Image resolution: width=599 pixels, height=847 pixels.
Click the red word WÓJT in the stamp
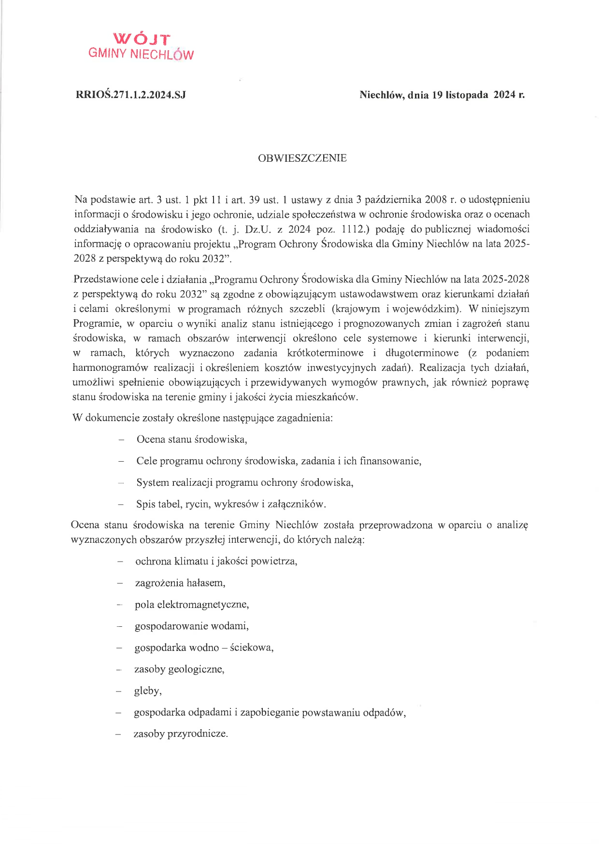tap(142, 39)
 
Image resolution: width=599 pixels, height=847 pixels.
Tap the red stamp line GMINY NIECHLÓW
tap(141, 54)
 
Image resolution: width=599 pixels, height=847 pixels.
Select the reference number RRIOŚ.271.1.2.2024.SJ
tap(131, 95)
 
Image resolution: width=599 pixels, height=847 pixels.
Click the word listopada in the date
tap(467, 95)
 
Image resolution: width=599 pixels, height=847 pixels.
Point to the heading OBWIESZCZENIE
tap(302, 158)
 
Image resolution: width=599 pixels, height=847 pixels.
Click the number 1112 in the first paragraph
tap(351, 229)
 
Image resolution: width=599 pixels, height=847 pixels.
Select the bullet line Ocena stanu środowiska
tap(192, 439)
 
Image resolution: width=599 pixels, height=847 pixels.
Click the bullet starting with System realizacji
tap(244, 482)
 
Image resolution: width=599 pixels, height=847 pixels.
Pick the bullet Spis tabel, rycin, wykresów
tap(231, 504)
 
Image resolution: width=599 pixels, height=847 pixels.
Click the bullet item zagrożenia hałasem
tap(180, 583)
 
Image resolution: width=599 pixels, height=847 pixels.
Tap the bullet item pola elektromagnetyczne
tap(192, 605)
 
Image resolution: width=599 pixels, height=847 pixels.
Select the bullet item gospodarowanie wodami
tap(192, 626)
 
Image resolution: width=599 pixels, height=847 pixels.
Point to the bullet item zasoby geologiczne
tap(179, 669)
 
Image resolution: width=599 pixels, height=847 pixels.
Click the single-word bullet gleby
tap(147, 691)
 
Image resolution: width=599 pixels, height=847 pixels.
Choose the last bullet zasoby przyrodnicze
tap(181, 734)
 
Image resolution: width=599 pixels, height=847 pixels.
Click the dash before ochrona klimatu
tap(119, 562)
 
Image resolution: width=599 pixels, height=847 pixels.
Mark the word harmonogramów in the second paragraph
tap(111, 368)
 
